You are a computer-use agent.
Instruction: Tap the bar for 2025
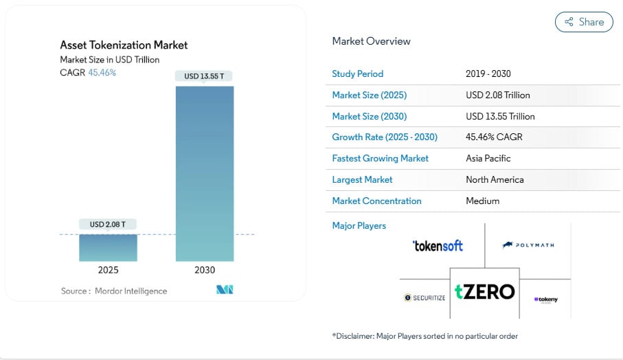[x=108, y=247]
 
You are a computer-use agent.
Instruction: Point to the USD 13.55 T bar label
[x=204, y=76]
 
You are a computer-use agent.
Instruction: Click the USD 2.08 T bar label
[x=108, y=224]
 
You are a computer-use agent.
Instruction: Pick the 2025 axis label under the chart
[x=108, y=270]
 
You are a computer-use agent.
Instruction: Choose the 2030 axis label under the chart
[x=205, y=270]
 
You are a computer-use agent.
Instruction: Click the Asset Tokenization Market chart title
[x=124, y=45]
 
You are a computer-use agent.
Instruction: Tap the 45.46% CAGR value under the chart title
[x=102, y=73]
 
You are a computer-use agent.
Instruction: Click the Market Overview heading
[x=371, y=41]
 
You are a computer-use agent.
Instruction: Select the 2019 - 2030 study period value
[x=488, y=74]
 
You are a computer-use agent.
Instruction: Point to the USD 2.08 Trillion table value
[x=497, y=95]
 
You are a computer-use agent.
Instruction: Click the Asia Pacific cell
[x=488, y=159]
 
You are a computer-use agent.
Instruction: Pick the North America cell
[x=495, y=180]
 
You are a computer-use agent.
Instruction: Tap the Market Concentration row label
[x=376, y=201]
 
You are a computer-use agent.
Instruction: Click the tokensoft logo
[x=438, y=245]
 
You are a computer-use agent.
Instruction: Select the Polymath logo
[x=528, y=245]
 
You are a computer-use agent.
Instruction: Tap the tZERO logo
[x=484, y=291]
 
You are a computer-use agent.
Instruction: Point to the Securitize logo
[x=425, y=297]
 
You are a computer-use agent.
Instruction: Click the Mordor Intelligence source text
[x=114, y=291]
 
